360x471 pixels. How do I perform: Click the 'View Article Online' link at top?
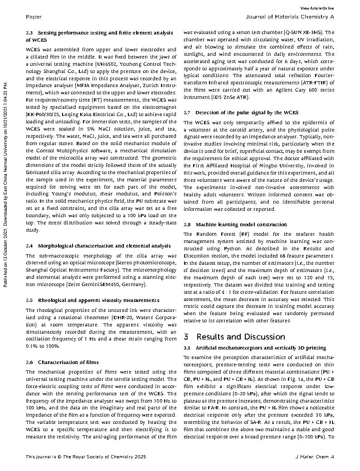317,8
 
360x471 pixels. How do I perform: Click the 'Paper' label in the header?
34,17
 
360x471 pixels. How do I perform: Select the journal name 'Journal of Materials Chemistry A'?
290,17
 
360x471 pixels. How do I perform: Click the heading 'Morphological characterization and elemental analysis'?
104,246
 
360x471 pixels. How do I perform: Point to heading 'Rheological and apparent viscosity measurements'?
98,300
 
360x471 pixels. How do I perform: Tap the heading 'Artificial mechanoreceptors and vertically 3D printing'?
261,348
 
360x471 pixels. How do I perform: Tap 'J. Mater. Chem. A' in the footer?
314,456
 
